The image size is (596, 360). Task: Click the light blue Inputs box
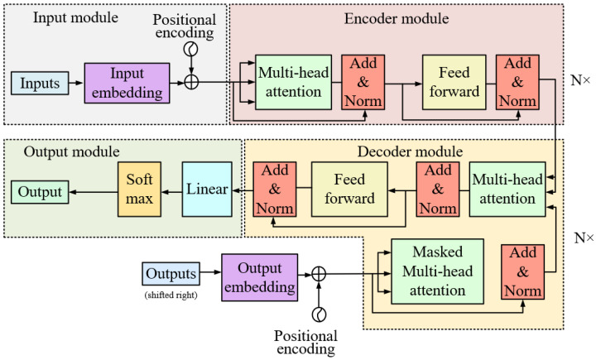coord(40,83)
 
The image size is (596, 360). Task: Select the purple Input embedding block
coord(121,83)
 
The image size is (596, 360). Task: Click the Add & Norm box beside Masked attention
coord(521,272)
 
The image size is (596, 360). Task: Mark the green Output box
coord(41,193)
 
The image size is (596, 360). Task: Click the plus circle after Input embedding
coord(192,82)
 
